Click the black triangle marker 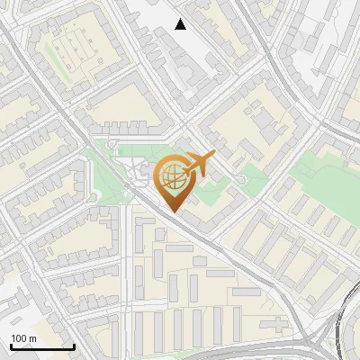coord(181,24)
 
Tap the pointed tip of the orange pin coord(172,211)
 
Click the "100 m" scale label coord(23,338)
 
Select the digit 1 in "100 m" coord(13,338)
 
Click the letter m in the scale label coord(33,338)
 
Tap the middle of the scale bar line coord(41,346)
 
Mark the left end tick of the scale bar coord(10,346)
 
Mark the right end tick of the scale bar coord(74,346)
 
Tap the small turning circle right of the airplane coord(241,182)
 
